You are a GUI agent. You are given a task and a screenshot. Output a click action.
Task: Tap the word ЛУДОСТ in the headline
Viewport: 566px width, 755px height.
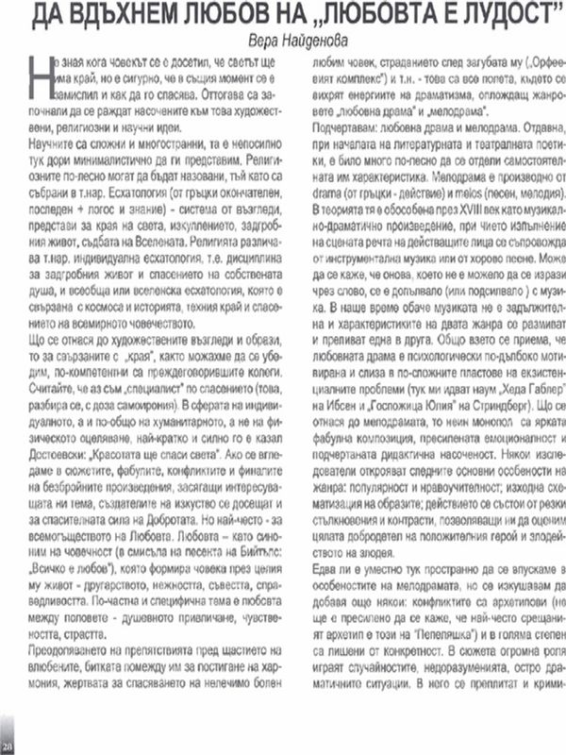pyautogui.click(x=500, y=16)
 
